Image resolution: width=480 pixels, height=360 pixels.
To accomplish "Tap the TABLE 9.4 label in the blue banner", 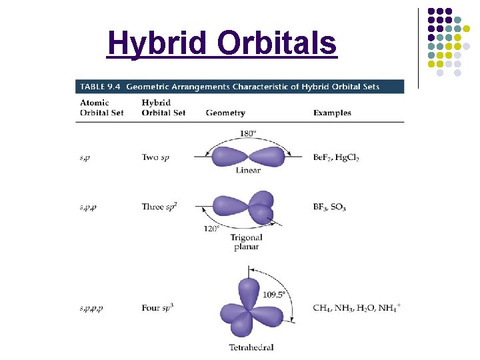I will pos(100,87).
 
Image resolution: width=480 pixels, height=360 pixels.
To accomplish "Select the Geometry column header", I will pos(225,113).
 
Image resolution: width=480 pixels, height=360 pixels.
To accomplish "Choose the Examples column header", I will pos(332,113).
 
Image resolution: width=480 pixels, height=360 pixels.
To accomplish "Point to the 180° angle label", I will pos(247,133).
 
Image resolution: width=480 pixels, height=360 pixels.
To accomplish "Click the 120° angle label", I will pos(213,229).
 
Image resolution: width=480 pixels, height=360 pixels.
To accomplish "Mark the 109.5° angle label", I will pos(274,293).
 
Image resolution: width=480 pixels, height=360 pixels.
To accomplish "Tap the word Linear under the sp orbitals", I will pos(248,171).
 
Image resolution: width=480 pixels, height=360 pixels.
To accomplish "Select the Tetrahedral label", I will pos(251,347).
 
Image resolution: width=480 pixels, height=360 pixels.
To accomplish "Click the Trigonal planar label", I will pos(247,242).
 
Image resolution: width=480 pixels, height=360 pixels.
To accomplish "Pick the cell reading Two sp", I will pos(155,158).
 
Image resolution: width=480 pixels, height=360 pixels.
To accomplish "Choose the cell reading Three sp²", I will pos(159,207).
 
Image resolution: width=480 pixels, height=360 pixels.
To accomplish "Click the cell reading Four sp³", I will pos(157,308).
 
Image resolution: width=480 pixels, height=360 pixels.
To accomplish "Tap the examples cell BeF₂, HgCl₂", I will pos(335,158).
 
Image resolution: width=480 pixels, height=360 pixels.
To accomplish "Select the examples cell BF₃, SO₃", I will pos(329,207).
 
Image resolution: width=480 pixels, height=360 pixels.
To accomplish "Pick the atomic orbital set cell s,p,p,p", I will pos(91,309).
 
